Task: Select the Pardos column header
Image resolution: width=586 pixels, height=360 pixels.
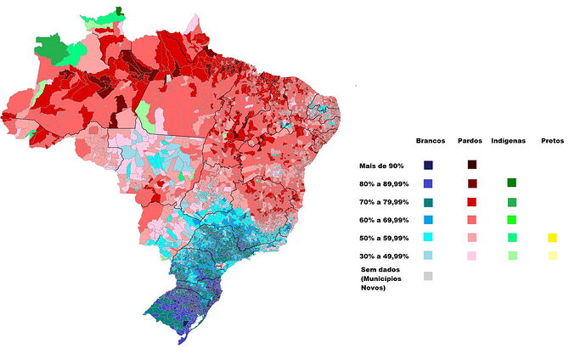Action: tap(470, 140)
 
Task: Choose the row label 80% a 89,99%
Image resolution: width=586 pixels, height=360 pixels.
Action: tap(384, 183)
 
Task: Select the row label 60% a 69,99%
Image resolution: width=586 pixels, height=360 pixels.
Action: tap(384, 220)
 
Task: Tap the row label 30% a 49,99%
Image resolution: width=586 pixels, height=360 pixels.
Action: tap(384, 256)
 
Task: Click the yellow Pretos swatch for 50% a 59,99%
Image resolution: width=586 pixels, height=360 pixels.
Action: tap(552, 239)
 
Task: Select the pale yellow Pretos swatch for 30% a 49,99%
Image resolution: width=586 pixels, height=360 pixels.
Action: tap(552, 256)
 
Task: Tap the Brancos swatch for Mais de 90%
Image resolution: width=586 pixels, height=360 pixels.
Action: tap(429, 165)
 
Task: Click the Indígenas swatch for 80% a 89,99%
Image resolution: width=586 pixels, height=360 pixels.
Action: tap(511, 183)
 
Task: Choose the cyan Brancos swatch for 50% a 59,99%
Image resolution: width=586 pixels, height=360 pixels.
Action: tap(429, 239)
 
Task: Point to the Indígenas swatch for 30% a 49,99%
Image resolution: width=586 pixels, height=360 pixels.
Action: tap(511, 256)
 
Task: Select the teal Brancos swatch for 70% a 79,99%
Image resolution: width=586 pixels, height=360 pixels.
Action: tap(429, 202)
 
